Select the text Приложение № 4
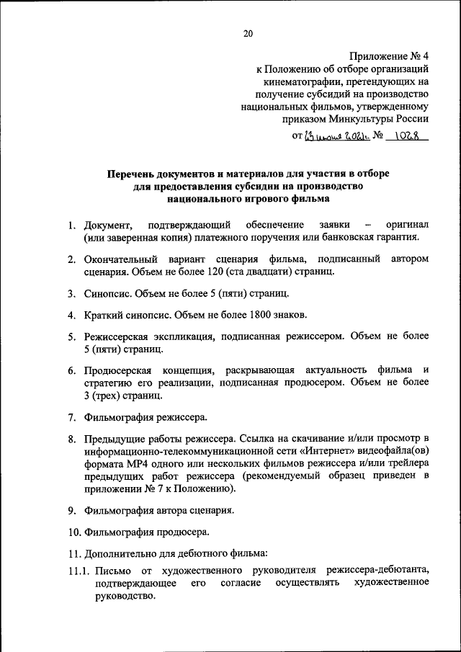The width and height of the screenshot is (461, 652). pyautogui.click(x=390, y=55)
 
